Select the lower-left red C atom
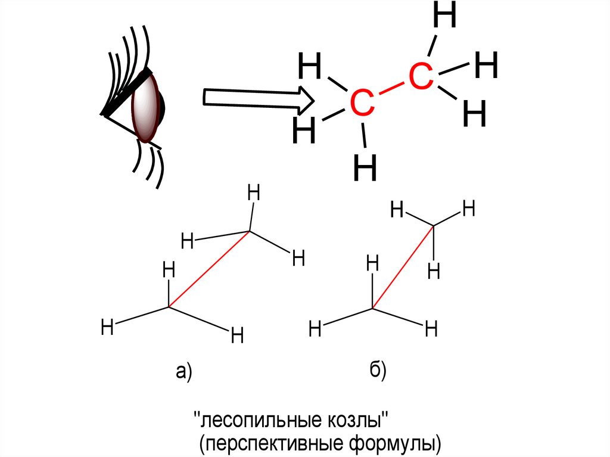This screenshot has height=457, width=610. [x=362, y=104]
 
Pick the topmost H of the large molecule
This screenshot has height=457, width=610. [x=445, y=16]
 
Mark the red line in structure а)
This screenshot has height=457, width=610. [x=209, y=269]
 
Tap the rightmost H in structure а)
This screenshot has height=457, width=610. [x=298, y=259]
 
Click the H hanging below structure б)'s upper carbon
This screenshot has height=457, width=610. [x=434, y=272]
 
